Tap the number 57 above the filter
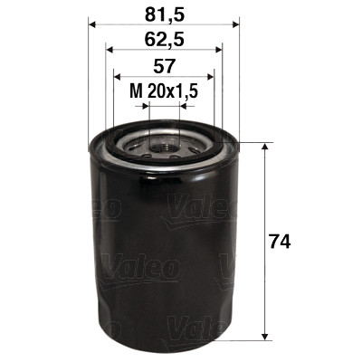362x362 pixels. coord(164,65)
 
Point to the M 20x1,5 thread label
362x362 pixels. coord(164,90)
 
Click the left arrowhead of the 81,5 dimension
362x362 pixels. coord(94,24)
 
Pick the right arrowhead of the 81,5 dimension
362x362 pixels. coord(233,24)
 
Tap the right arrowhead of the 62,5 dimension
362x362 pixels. coord(218,51)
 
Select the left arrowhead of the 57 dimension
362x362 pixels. coord(116,78)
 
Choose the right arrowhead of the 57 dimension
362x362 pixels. coord(212,78)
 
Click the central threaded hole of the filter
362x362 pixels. coord(164,141)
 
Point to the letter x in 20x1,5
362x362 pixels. coord(171,91)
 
